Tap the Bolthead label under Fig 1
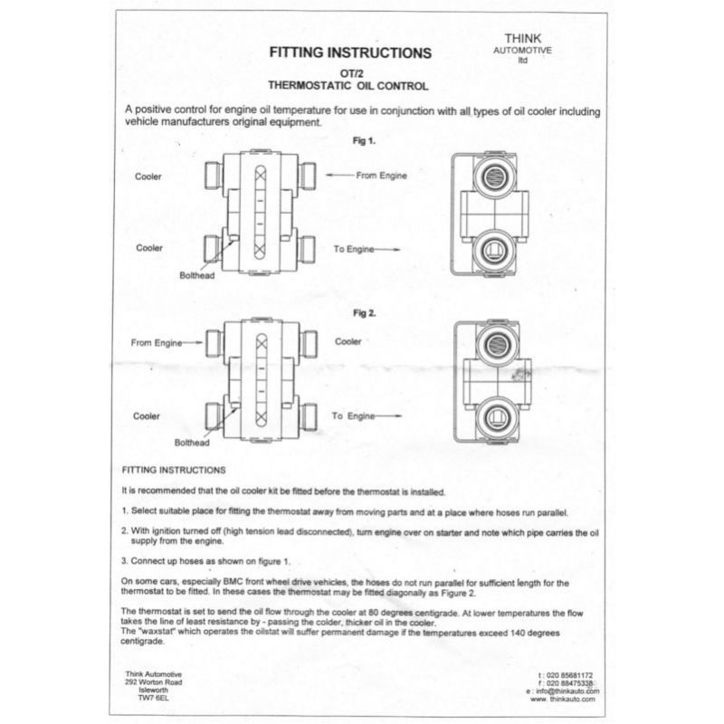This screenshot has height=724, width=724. [x=195, y=275]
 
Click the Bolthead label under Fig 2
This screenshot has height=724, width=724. [x=192, y=443]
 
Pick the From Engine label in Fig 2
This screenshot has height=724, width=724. [x=157, y=343]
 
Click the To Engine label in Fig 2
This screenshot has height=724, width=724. [x=353, y=415]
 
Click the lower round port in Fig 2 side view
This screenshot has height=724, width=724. [x=495, y=415]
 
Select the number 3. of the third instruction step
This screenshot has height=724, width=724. [x=125, y=561]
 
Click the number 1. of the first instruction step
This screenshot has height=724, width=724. [x=125, y=511]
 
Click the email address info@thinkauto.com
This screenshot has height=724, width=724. [x=561, y=691]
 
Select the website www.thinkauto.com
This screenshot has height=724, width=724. [x=562, y=700]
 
